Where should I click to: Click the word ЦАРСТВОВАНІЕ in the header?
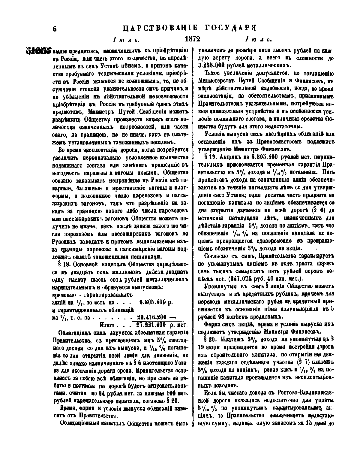[160, 28]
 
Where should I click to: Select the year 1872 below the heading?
[192, 39]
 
